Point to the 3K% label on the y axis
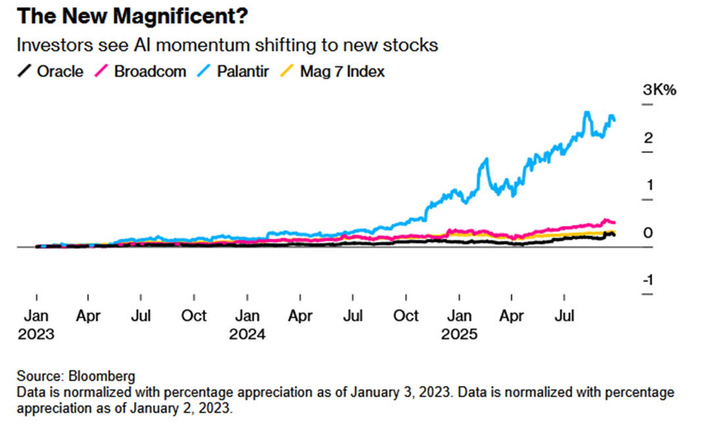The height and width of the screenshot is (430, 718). pyautogui.click(x=659, y=90)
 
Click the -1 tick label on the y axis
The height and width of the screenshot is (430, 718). pyautogui.click(x=648, y=280)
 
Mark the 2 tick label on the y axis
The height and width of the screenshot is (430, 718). pyautogui.click(x=648, y=137)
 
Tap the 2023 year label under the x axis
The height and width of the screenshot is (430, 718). pyautogui.click(x=36, y=333)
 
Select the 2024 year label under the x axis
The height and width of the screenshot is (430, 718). pyautogui.click(x=247, y=333)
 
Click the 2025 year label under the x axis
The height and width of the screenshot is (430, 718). pyautogui.click(x=459, y=333)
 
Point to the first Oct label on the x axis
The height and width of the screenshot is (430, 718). pyautogui.click(x=194, y=316)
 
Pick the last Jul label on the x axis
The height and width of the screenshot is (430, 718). pyautogui.click(x=565, y=316)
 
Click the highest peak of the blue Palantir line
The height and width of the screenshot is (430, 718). pyautogui.click(x=586, y=112)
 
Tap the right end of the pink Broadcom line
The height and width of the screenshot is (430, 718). pyautogui.click(x=614, y=222)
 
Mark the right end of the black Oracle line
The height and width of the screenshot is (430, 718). pyautogui.click(x=615, y=235)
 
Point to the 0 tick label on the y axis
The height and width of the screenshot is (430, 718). pyautogui.click(x=648, y=233)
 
